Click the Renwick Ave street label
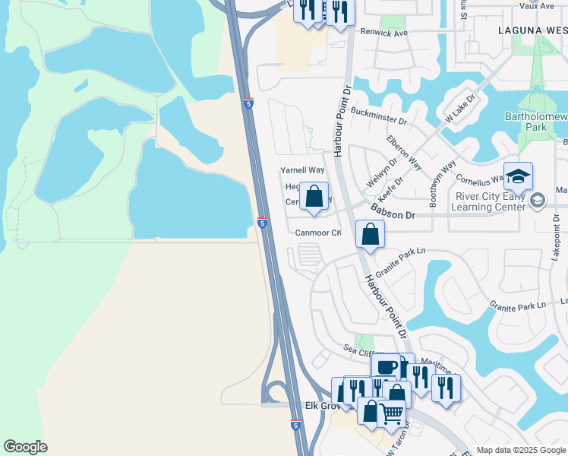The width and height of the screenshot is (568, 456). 385,33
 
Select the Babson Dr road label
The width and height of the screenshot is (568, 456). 393,216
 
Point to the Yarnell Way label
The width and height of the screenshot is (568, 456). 302,170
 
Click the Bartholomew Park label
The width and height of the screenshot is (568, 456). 536,122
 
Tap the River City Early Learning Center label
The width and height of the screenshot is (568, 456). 486,201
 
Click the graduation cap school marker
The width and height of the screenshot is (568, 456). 518,178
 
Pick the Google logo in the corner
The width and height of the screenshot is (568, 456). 25,447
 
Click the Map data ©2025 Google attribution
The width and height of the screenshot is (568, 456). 520,450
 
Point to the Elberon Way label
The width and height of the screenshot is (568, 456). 404,153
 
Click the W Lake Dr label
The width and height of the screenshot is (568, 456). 459,110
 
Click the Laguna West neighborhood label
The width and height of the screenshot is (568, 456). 533,30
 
